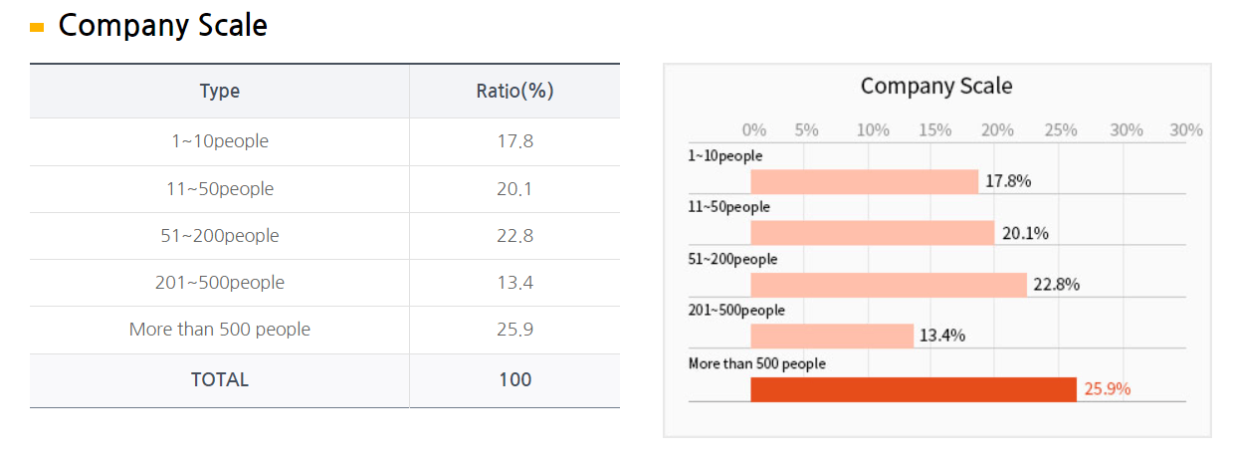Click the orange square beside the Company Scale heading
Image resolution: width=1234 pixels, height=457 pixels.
click(37, 28)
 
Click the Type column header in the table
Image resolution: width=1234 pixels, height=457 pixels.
click(219, 91)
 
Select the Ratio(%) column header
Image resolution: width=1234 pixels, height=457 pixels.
click(514, 91)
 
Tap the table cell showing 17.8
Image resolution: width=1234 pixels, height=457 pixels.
click(514, 141)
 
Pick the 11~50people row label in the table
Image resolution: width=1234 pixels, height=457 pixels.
click(220, 189)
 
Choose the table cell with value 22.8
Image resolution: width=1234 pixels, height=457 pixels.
click(514, 236)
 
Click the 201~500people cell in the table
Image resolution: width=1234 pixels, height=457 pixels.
click(220, 283)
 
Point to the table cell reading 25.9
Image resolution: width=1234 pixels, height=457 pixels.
click(514, 330)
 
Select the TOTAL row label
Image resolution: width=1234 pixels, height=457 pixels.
click(220, 379)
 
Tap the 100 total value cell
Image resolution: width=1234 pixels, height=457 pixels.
click(514, 379)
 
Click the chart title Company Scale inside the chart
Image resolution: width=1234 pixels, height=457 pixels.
click(936, 87)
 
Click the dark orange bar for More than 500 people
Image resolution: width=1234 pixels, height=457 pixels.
click(914, 389)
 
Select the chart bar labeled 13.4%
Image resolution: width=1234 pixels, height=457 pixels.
click(832, 336)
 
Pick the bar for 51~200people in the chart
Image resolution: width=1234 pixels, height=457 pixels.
click(889, 284)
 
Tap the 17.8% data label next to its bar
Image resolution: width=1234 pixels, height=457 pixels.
click(1008, 181)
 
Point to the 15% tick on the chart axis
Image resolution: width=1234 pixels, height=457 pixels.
click(934, 130)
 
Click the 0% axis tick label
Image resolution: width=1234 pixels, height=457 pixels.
click(754, 130)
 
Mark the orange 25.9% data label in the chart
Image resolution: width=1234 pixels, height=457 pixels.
click(1108, 389)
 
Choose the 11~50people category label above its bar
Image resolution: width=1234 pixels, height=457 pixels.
click(728, 207)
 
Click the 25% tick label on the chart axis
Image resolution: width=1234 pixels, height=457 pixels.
click(1061, 130)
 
